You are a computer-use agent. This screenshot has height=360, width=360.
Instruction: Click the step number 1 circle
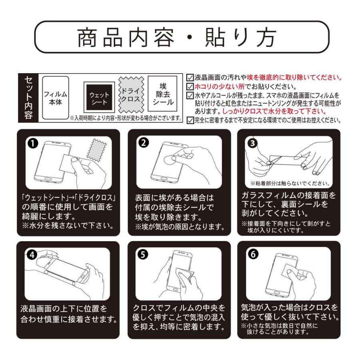point(33,144)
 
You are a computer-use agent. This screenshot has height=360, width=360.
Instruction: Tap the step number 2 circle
point(144,143)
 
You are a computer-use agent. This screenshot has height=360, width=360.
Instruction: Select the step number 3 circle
point(252,143)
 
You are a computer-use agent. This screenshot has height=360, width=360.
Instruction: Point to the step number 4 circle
point(32,255)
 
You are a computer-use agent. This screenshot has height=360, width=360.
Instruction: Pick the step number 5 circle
point(143,254)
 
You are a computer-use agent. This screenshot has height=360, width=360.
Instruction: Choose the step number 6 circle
point(253,254)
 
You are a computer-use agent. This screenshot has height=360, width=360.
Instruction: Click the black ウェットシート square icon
point(99,97)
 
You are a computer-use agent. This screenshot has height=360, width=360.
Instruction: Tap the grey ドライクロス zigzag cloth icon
point(131,94)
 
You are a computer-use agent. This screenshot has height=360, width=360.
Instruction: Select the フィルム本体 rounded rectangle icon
point(56,98)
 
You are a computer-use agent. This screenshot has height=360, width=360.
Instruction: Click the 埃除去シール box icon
point(162,94)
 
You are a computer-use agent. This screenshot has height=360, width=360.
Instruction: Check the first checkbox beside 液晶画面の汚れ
point(190,78)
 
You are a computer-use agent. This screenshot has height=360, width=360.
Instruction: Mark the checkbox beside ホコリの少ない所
point(190,86)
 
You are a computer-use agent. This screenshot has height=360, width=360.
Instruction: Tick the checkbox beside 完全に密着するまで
point(190,120)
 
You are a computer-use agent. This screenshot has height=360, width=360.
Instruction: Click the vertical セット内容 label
point(28,98)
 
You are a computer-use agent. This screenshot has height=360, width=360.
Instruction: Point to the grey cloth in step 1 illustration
point(97,150)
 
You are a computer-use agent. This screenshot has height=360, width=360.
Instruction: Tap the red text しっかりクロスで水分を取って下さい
point(274,111)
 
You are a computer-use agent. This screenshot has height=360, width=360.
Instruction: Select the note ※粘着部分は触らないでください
point(290,183)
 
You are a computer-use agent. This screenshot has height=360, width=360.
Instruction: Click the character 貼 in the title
point(215,38)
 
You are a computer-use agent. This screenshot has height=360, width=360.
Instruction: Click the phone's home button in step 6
point(277,293)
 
